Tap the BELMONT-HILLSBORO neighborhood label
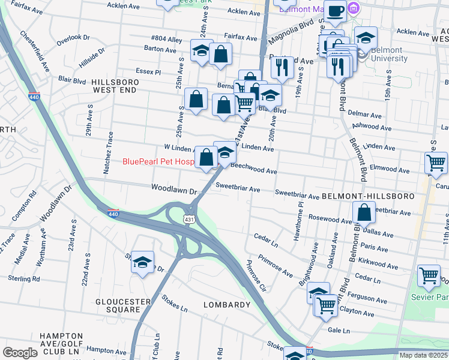pos(368,196)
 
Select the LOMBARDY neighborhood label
pos(226,305)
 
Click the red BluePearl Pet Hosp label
pos(158,161)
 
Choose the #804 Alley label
pos(167,40)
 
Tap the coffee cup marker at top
pos(335,11)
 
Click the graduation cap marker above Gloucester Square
pos(142,262)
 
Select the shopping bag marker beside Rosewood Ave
pos(364,212)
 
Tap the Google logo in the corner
pos(20,353)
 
